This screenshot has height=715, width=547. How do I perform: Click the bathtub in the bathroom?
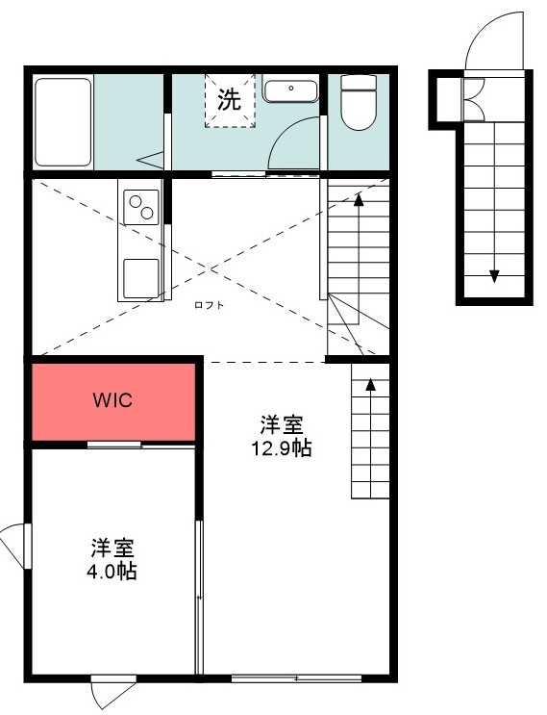[x=63, y=122]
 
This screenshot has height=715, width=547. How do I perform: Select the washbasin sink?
[x=289, y=90]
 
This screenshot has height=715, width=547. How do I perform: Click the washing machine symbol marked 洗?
[x=229, y=99]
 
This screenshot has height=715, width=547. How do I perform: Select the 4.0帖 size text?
[x=113, y=572]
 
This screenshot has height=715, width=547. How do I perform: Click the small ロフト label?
[x=209, y=305]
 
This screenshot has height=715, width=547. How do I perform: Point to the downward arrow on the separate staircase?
[x=494, y=276]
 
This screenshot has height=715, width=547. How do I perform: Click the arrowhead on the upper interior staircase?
[x=359, y=200]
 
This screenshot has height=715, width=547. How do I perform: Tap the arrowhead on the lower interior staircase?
[x=370, y=388]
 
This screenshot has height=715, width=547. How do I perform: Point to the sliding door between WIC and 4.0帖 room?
[x=114, y=445]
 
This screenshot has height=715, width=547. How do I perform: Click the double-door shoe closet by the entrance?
[x=474, y=97]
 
